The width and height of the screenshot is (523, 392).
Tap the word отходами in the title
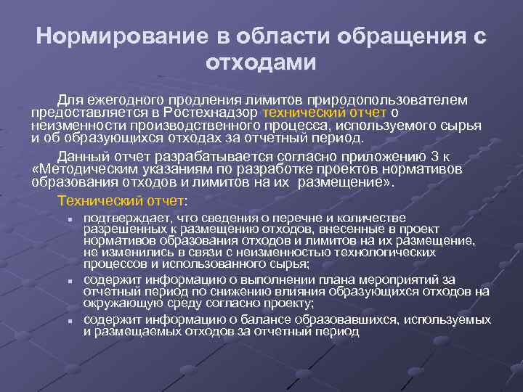click(x=261, y=62)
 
